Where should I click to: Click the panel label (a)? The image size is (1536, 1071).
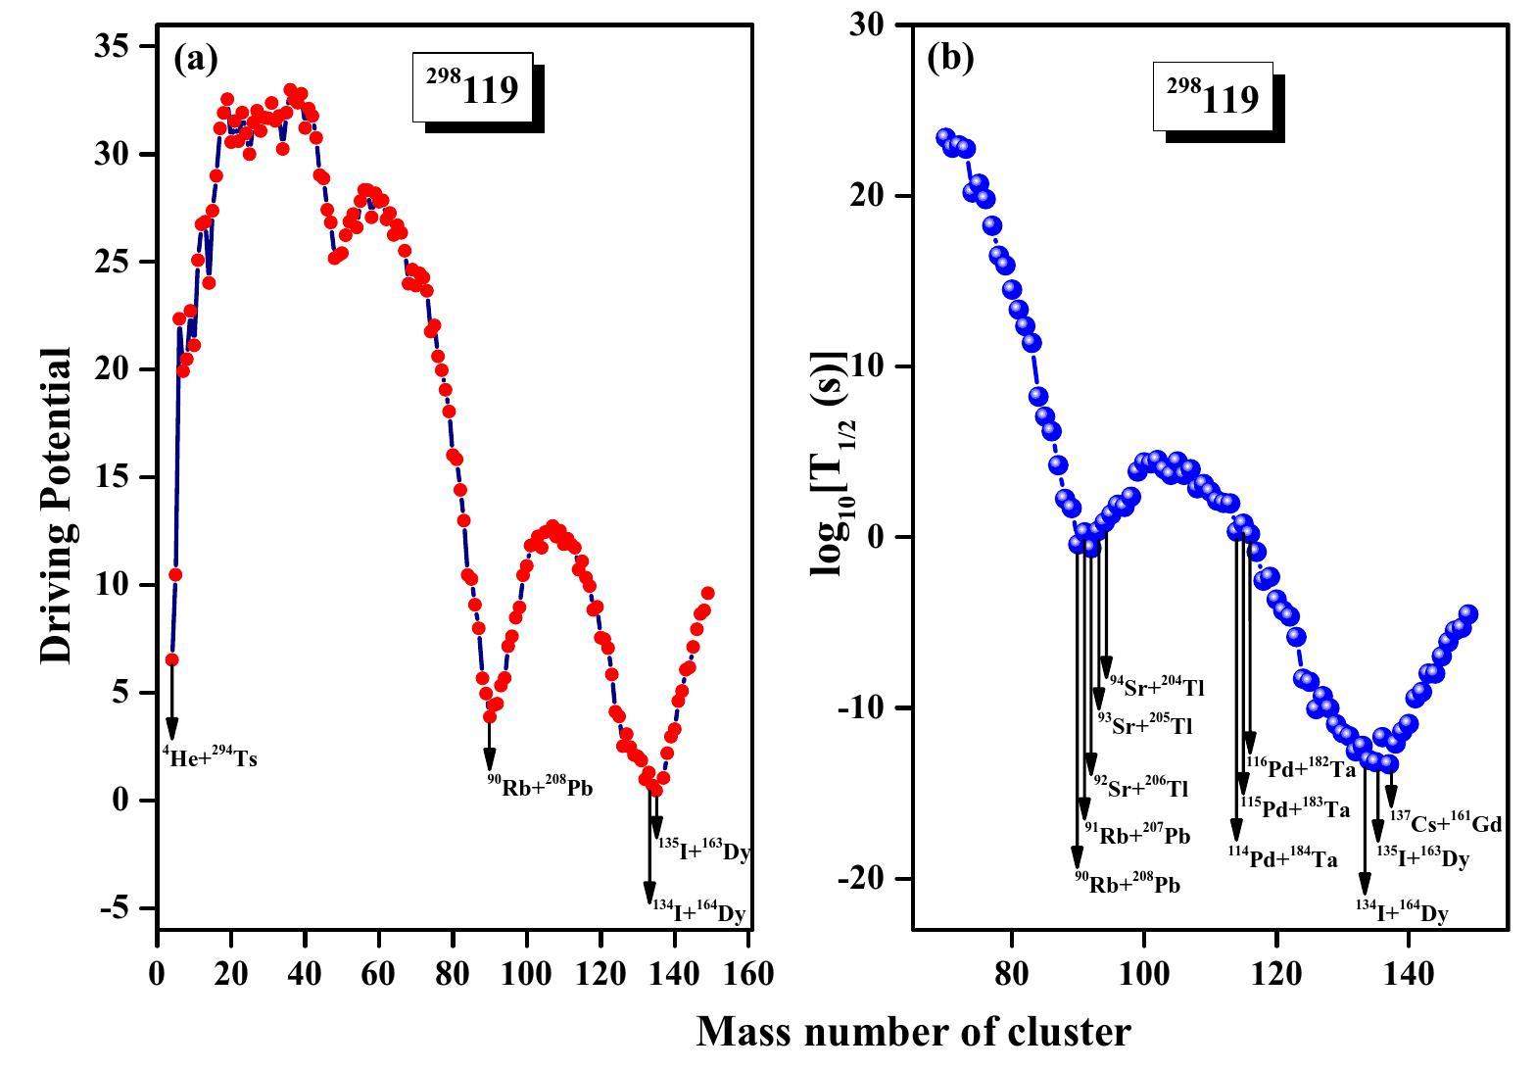(x=195, y=60)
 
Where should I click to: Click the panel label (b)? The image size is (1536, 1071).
(x=950, y=58)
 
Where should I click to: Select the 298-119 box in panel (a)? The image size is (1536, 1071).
(x=472, y=88)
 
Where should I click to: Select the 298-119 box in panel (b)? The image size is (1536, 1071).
(x=1212, y=96)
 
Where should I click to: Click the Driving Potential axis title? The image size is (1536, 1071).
(x=57, y=505)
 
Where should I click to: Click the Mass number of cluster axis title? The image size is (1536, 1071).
(x=913, y=1031)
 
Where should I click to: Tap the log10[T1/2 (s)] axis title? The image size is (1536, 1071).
(x=829, y=462)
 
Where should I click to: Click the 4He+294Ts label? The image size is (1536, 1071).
(x=210, y=757)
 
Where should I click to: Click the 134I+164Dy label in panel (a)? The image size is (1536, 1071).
(x=698, y=913)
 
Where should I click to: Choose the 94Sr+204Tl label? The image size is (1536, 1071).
(x=1155, y=687)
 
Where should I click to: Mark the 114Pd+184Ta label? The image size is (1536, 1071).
(x=1282, y=857)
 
